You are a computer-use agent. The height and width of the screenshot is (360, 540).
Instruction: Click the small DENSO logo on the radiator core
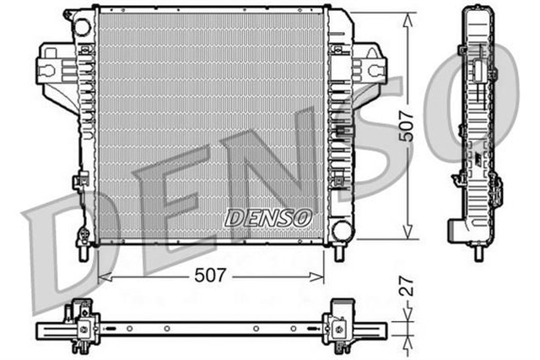coord(267,217)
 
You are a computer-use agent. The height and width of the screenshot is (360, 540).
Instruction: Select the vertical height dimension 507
coord(408,127)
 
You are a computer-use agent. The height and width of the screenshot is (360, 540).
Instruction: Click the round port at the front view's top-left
coord(82,27)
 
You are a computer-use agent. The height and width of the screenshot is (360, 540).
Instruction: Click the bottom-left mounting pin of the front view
coord(84,250)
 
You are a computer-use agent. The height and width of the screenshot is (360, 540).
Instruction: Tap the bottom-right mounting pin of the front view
coord(339,251)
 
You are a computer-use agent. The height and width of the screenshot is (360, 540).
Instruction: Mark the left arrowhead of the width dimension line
coord(102,276)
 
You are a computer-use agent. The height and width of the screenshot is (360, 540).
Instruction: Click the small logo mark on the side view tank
coord(478,160)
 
